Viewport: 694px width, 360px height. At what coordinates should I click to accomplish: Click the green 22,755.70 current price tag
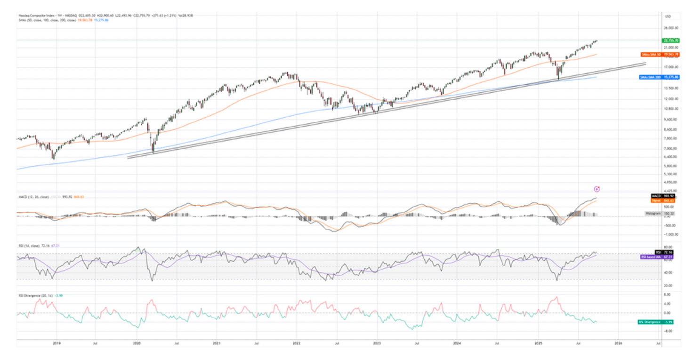[x=669, y=40]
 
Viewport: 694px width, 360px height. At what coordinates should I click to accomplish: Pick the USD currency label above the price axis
[x=667, y=17]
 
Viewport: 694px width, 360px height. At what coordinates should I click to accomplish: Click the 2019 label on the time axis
[x=56, y=344]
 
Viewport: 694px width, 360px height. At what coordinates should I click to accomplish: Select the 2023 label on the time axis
[x=377, y=344]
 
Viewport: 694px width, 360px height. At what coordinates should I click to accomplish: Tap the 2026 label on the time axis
[x=618, y=344]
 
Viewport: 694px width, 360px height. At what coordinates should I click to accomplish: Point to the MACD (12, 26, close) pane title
[x=31, y=196]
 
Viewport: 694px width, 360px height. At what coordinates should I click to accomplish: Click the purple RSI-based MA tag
[x=657, y=257]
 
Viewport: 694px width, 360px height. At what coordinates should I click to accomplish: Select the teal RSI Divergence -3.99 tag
[x=656, y=322]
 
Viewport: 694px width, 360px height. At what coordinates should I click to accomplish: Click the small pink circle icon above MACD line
[x=597, y=189]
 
